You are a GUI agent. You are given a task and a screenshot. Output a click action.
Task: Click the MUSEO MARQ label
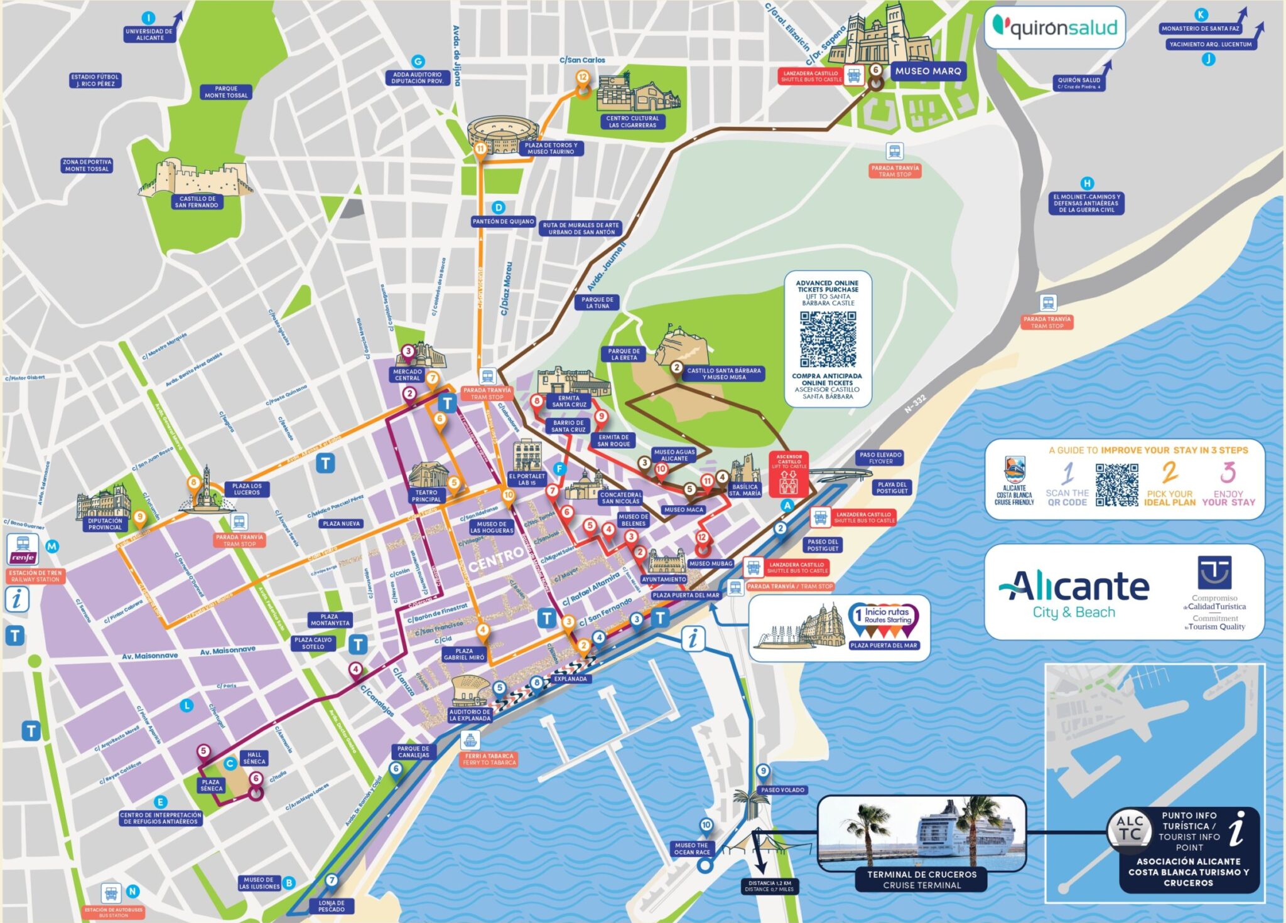coord(927,71)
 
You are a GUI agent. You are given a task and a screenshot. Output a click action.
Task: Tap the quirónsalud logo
coord(1054,28)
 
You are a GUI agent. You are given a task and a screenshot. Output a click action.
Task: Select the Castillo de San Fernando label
coord(197,202)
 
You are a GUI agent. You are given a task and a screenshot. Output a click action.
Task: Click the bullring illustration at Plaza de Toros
coord(503,134)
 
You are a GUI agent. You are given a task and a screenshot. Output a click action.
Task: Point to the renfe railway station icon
coord(23,550)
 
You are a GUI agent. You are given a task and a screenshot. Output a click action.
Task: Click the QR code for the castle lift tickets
coord(828,339)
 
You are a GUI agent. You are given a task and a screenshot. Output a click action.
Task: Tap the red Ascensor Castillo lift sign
coord(789,474)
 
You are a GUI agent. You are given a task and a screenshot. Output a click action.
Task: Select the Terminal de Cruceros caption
coord(922,879)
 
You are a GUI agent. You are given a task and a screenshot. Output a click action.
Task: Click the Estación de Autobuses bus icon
coord(111,893)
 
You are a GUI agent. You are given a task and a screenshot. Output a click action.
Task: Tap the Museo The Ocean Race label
coord(691,848)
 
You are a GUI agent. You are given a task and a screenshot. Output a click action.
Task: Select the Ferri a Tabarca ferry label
coord(489,759)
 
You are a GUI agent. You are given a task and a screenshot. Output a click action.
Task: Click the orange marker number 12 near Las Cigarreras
coord(583,78)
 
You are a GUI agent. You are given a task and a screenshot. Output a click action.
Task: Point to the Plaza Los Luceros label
coord(247,489)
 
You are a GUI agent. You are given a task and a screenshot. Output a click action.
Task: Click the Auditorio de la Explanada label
coord(470,715)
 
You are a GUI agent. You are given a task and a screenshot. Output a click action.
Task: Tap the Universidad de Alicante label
coord(149,35)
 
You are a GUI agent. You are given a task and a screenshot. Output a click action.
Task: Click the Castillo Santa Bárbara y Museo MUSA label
coord(723,374)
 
